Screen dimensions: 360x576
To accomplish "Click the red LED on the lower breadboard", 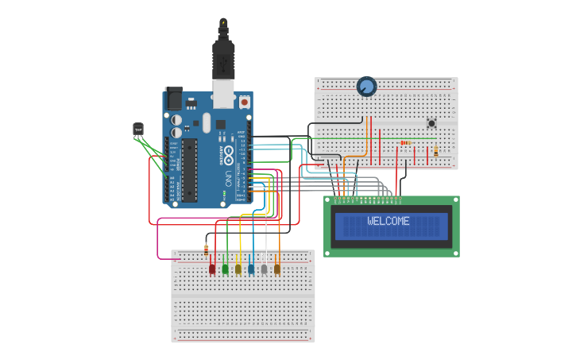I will point(212,269).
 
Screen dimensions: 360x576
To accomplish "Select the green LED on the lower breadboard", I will point(225,269).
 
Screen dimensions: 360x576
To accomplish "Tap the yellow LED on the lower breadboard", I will point(238,269).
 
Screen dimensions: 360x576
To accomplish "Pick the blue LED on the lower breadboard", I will point(251,269).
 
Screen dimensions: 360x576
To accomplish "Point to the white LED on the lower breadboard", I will point(264,269).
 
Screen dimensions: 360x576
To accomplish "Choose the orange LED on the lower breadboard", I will point(276,269).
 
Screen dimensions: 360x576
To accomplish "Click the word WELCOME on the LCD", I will point(389,221).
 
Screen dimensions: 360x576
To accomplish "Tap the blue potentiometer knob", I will point(366,86).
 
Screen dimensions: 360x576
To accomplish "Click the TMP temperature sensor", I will point(138,130).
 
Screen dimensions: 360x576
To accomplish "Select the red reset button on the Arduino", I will point(244,103).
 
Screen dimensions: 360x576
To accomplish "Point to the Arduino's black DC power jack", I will point(173,99).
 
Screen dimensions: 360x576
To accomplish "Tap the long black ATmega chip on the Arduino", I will point(189,169).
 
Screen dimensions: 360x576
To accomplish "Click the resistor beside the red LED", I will point(207,249).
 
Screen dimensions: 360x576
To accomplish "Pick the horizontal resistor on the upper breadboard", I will point(406,143).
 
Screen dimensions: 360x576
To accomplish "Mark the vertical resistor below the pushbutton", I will point(435,150).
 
